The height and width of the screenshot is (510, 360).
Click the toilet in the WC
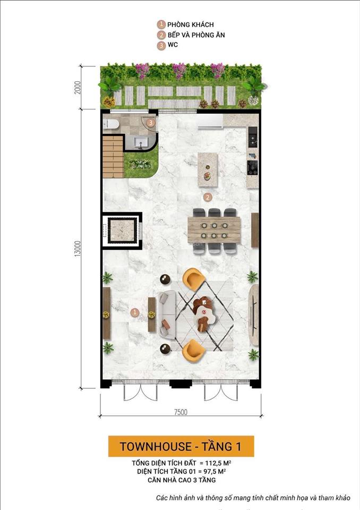[x=112, y=124]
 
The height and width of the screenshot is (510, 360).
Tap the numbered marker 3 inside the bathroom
[x=151, y=123]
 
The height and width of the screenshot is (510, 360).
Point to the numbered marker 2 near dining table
[x=208, y=197]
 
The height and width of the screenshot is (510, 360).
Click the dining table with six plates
[x=214, y=229]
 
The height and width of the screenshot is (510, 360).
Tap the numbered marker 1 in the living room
[x=135, y=312]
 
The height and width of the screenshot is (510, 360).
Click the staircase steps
[x=113, y=156]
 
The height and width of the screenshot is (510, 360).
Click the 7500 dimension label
[x=179, y=412]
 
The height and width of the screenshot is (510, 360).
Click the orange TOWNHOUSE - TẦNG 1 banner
[x=181, y=446]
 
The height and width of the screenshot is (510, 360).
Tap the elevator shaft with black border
[x=122, y=231]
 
